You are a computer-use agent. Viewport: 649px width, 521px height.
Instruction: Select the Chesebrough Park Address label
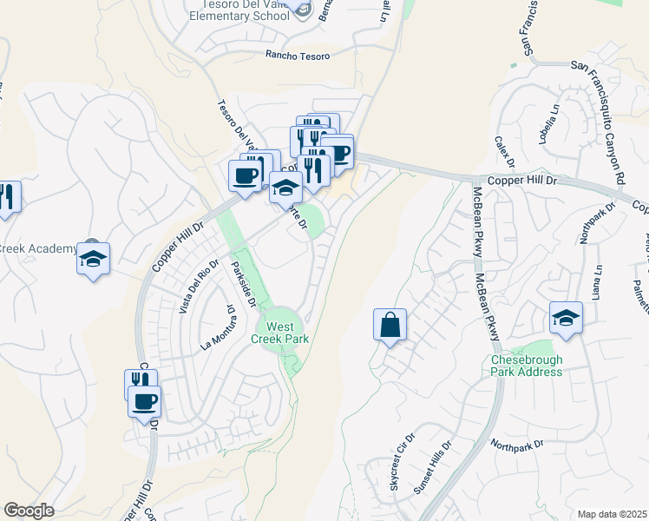click(x=527, y=366)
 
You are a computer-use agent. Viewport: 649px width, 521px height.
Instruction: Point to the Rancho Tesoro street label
click(x=298, y=56)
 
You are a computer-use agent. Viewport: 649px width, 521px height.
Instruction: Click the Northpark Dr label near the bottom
click(x=516, y=444)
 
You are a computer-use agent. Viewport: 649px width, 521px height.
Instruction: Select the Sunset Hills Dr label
click(x=432, y=468)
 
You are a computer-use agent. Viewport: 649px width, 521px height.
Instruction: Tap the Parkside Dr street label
click(x=246, y=283)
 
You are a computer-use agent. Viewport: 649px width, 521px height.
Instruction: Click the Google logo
click(x=29, y=511)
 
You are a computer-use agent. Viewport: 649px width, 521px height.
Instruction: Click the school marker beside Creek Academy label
click(x=93, y=259)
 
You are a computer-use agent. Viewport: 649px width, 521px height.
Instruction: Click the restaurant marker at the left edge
click(x=8, y=198)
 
